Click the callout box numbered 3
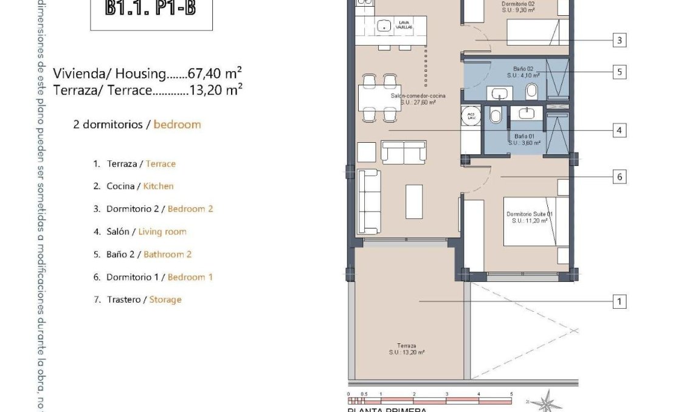(x=619, y=41)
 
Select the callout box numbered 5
(x=619, y=72)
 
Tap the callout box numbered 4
(x=619, y=130)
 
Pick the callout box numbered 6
(x=619, y=177)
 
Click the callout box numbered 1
(x=619, y=301)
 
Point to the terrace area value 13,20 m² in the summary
(x=219, y=90)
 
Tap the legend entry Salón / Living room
(x=146, y=232)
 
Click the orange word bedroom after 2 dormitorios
(x=177, y=125)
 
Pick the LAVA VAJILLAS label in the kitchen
(x=404, y=25)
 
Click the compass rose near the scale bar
(x=546, y=402)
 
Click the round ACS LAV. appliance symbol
(x=471, y=115)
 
